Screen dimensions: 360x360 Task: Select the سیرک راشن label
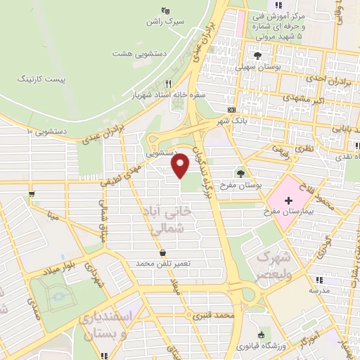pos(165,22)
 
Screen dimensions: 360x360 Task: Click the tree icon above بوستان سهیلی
pos(259,54)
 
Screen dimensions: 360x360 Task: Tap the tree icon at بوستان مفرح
pos(242,172)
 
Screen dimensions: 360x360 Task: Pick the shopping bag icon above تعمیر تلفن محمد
pos(163,252)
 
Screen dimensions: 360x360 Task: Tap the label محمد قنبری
pos(214,317)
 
